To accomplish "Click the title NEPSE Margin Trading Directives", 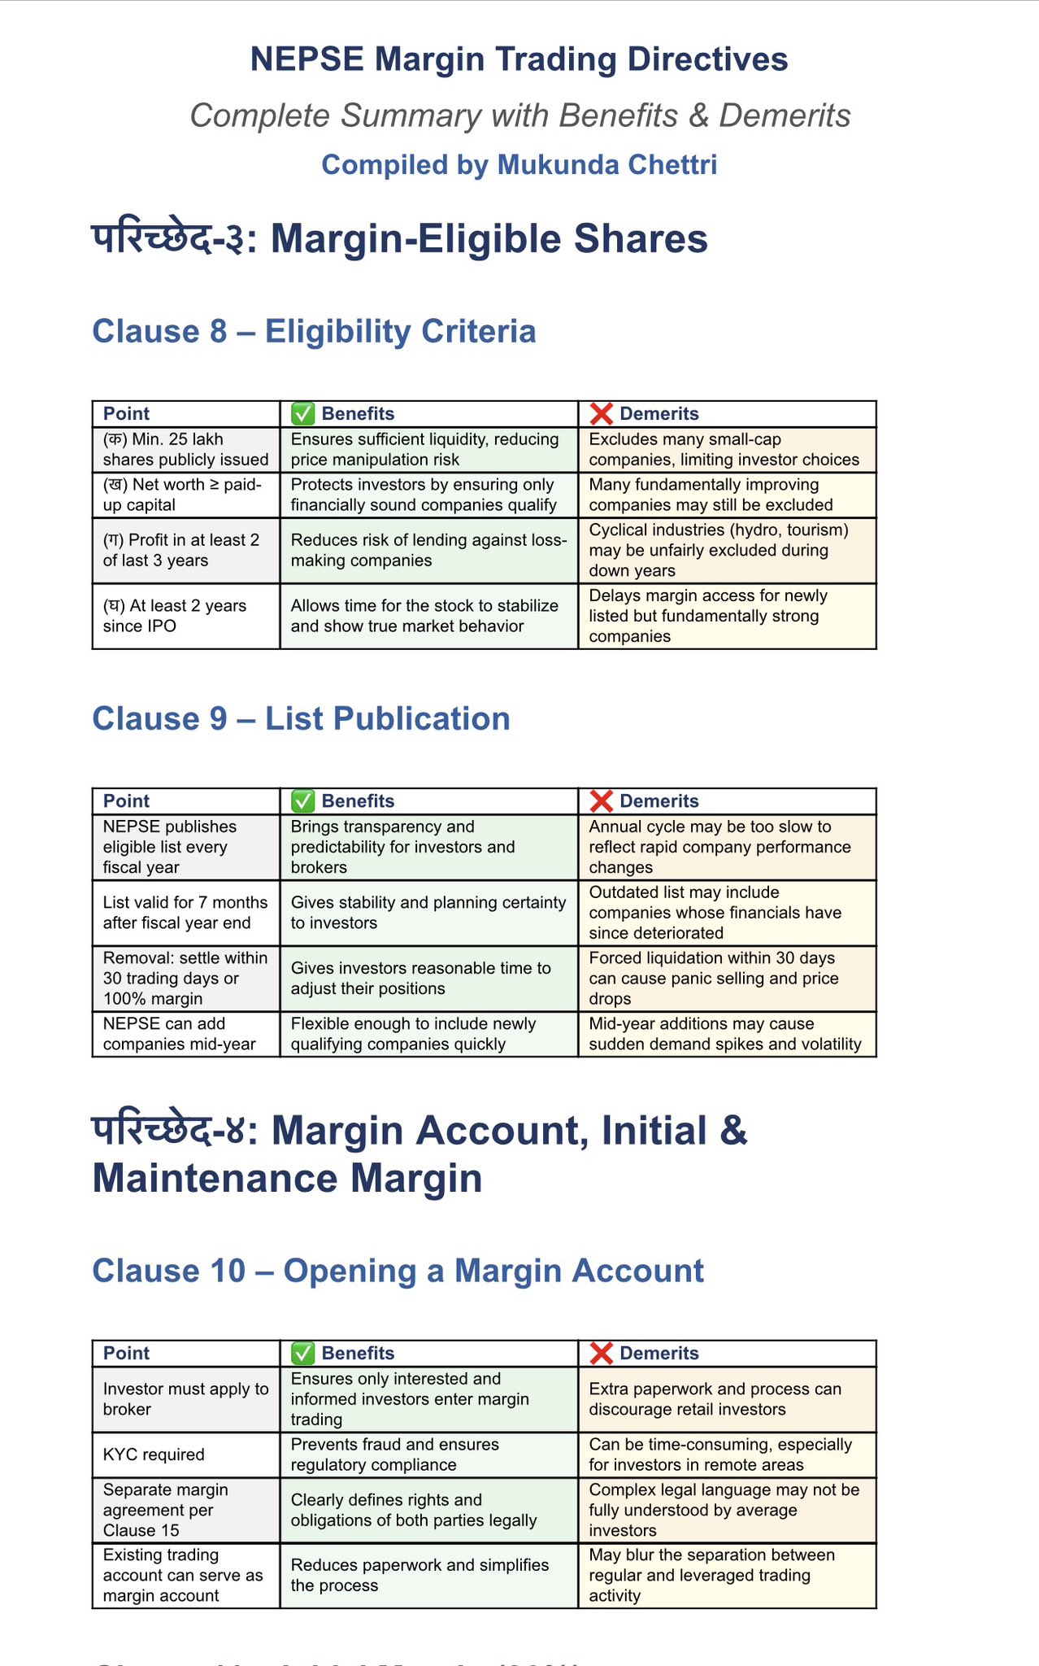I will (519, 59).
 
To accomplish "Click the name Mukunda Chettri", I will (606, 164).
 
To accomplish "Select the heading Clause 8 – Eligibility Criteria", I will (314, 332).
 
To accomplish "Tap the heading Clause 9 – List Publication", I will (301, 719).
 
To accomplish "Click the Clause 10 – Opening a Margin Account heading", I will (398, 1271).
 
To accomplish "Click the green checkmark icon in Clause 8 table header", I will (302, 414).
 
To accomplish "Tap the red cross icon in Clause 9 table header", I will (601, 801).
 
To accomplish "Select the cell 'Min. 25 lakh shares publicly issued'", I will (185, 450).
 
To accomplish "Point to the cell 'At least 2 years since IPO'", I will (185, 616).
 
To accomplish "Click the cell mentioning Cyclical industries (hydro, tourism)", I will (726, 550).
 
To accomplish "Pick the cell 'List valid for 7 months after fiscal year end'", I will (185, 913).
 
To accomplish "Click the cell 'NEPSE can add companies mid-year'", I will (185, 1034).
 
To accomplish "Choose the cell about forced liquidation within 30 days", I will (726, 978).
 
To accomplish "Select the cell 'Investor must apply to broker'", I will (185, 1399).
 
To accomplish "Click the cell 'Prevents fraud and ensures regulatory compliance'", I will (428, 1454).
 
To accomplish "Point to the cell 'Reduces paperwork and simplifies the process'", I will (428, 1575).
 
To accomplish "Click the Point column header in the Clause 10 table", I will (127, 1353).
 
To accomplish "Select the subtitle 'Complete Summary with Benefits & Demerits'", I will (519, 116).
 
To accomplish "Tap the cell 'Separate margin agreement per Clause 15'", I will (185, 1510).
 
